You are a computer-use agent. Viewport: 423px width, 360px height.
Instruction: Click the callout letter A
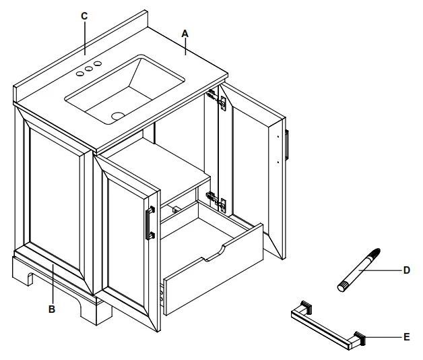click(185, 32)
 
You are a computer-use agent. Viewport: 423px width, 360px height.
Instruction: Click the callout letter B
click(51, 311)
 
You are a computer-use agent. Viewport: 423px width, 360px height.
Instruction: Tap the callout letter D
click(406, 270)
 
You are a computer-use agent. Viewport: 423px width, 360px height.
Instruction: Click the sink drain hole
click(119, 115)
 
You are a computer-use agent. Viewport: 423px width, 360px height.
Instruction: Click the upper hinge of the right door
click(216, 98)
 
